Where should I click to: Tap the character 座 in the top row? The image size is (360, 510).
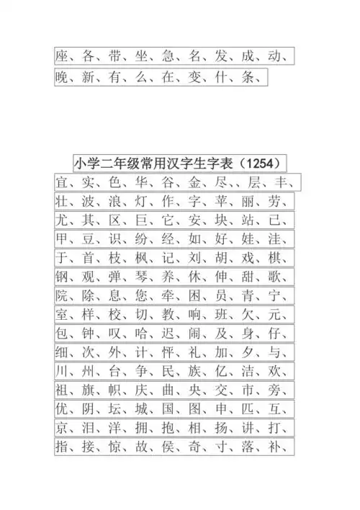pos(63,55)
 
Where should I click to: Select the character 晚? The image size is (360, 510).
pos(63,78)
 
